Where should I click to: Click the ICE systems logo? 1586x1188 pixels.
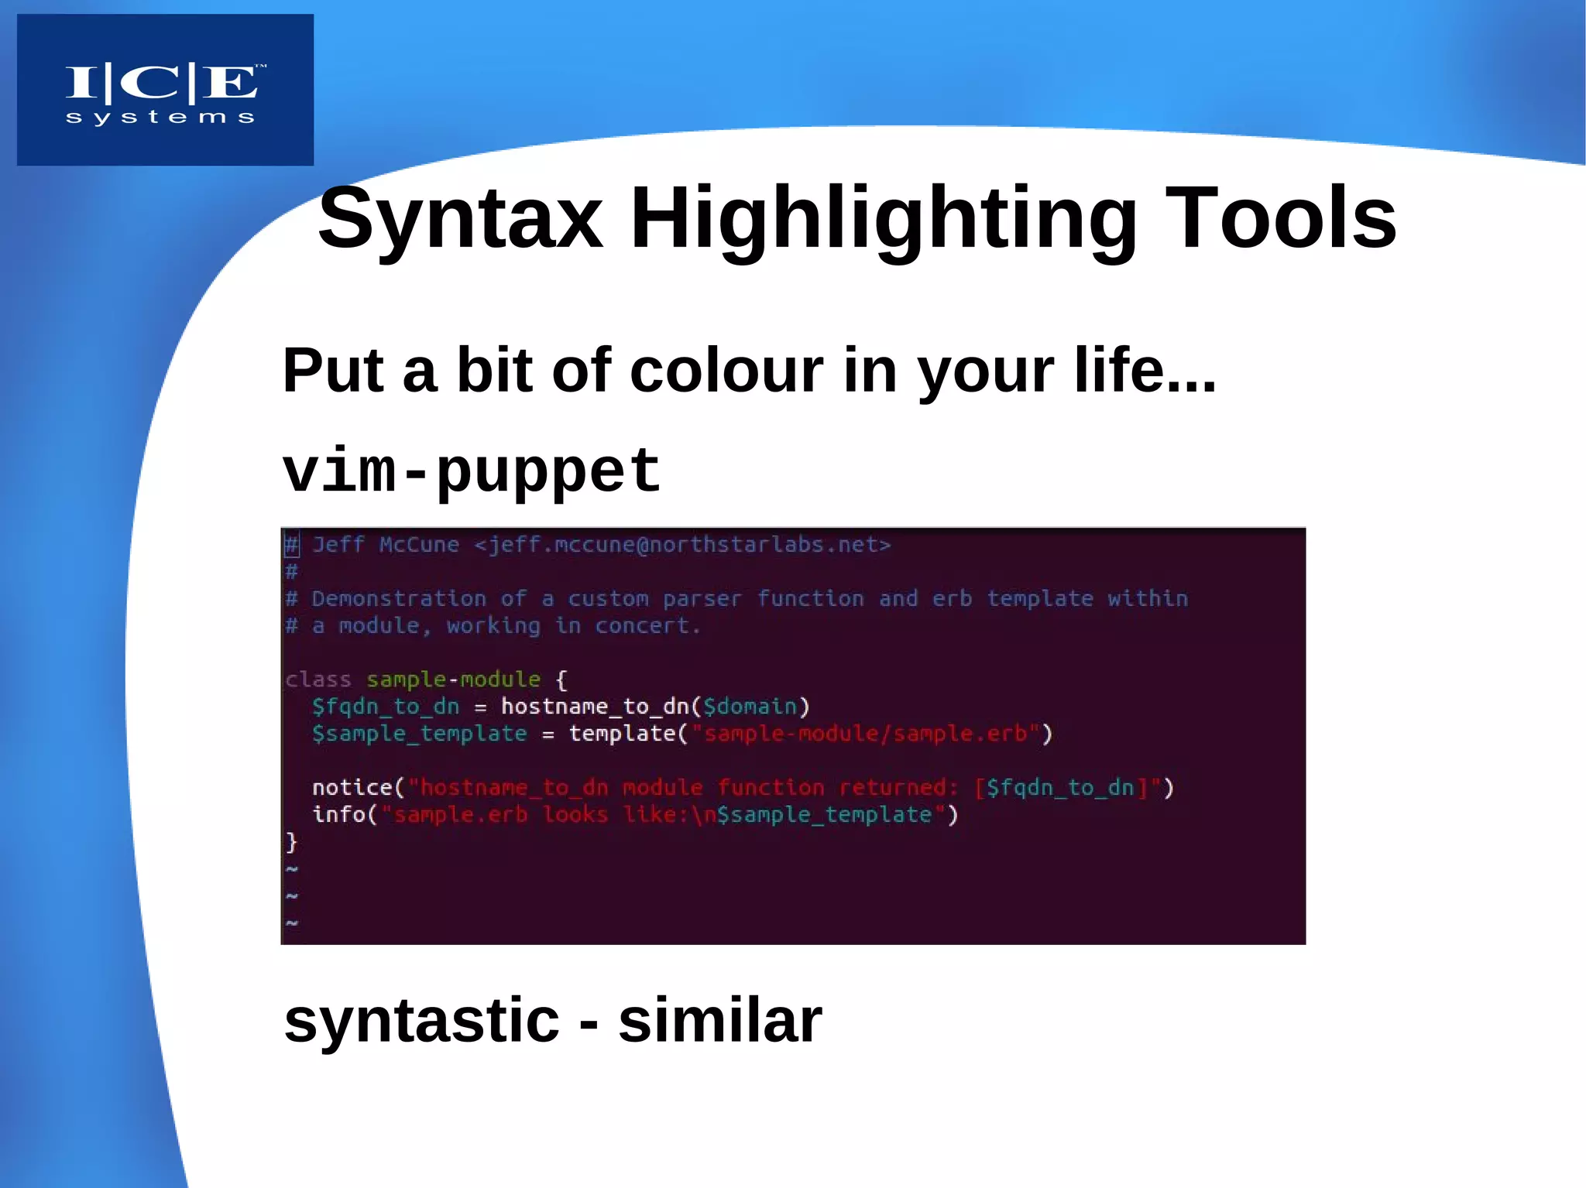[x=164, y=91]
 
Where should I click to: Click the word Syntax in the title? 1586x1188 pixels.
[x=460, y=219]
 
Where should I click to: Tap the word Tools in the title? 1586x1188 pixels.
[x=1281, y=219]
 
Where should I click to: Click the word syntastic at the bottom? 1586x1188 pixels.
[x=421, y=1020]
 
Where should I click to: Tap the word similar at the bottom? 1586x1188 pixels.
[x=719, y=1020]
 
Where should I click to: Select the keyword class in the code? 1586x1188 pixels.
[x=318, y=680]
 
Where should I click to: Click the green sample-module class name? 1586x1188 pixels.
[x=453, y=680]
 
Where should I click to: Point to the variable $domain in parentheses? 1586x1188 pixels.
[x=750, y=707]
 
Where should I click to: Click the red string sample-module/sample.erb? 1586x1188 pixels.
[x=865, y=734]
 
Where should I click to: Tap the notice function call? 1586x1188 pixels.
[x=352, y=788]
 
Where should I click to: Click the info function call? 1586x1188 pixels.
[x=338, y=814]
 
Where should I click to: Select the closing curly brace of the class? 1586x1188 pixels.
[x=291, y=841]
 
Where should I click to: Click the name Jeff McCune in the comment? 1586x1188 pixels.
[x=385, y=545]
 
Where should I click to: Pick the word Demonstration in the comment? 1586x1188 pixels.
[x=398, y=599]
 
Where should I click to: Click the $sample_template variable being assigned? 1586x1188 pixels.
[x=419, y=734]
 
